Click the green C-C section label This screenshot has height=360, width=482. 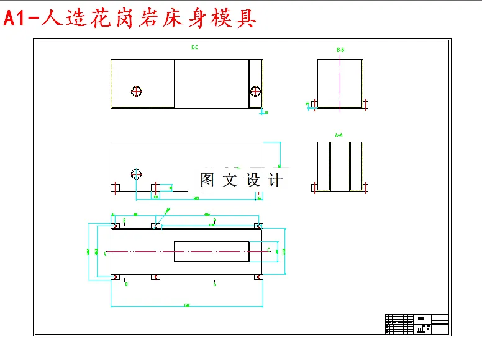(x=194, y=47)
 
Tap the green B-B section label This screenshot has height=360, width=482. (x=340, y=49)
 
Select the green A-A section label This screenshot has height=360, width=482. (x=339, y=134)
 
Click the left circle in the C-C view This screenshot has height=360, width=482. (x=137, y=91)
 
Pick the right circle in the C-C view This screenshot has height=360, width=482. (x=255, y=91)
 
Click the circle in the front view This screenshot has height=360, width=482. (x=137, y=174)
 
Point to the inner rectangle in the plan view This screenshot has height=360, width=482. (x=212, y=251)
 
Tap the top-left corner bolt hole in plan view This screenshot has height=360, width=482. (x=114, y=225)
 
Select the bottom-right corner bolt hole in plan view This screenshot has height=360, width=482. (x=258, y=277)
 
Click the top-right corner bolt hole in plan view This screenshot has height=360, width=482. (x=258, y=225)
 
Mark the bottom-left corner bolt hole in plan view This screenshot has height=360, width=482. (x=114, y=277)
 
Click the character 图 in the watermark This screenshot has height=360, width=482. (x=207, y=180)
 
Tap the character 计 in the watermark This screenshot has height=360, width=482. (x=275, y=180)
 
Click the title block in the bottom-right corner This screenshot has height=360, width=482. (x=417, y=324)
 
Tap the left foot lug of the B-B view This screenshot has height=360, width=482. (x=314, y=104)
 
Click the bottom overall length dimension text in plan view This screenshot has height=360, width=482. (x=186, y=305)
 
